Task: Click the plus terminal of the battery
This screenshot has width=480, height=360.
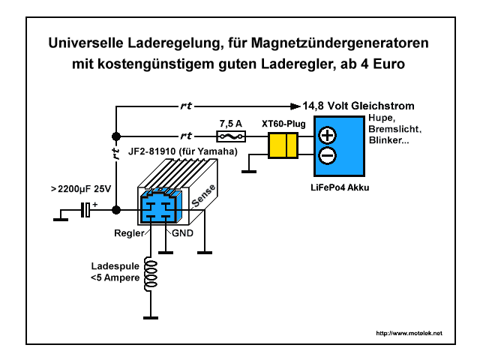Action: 328,136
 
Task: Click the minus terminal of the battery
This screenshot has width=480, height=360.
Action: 328,155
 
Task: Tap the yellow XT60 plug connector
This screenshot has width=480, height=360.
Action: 283,145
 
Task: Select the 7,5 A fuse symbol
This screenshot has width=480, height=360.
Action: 228,136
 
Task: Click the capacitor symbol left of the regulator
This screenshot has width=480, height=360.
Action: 88,211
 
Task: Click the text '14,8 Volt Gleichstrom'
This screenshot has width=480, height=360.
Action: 358,106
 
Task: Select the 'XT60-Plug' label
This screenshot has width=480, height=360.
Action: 283,121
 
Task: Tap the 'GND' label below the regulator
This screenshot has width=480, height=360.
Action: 182,233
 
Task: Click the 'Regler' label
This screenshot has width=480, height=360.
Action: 128,233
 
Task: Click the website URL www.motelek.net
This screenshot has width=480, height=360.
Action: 409,332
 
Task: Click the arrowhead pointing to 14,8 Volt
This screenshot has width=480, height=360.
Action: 295,106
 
